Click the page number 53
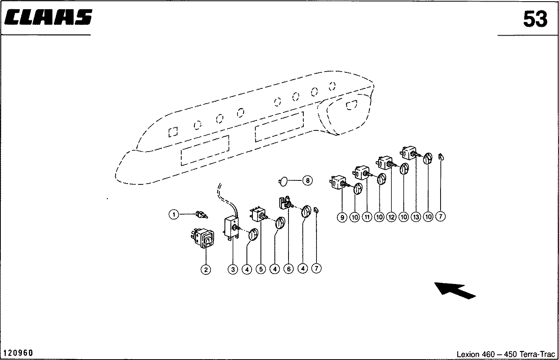pos(535,19)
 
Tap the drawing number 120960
pos(18,353)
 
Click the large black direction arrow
pos(455,290)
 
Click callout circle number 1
pos(174,215)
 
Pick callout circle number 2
pos(206,270)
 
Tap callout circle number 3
pos(233,269)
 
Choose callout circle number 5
pos(260,269)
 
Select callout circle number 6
pos(289,269)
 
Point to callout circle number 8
pos(307,181)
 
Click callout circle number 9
pos(342,217)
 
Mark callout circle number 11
pos(367,217)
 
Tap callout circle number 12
pos(391,217)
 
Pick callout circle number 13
pos(416,217)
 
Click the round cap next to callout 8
pos(283,182)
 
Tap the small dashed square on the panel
pos(173,132)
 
